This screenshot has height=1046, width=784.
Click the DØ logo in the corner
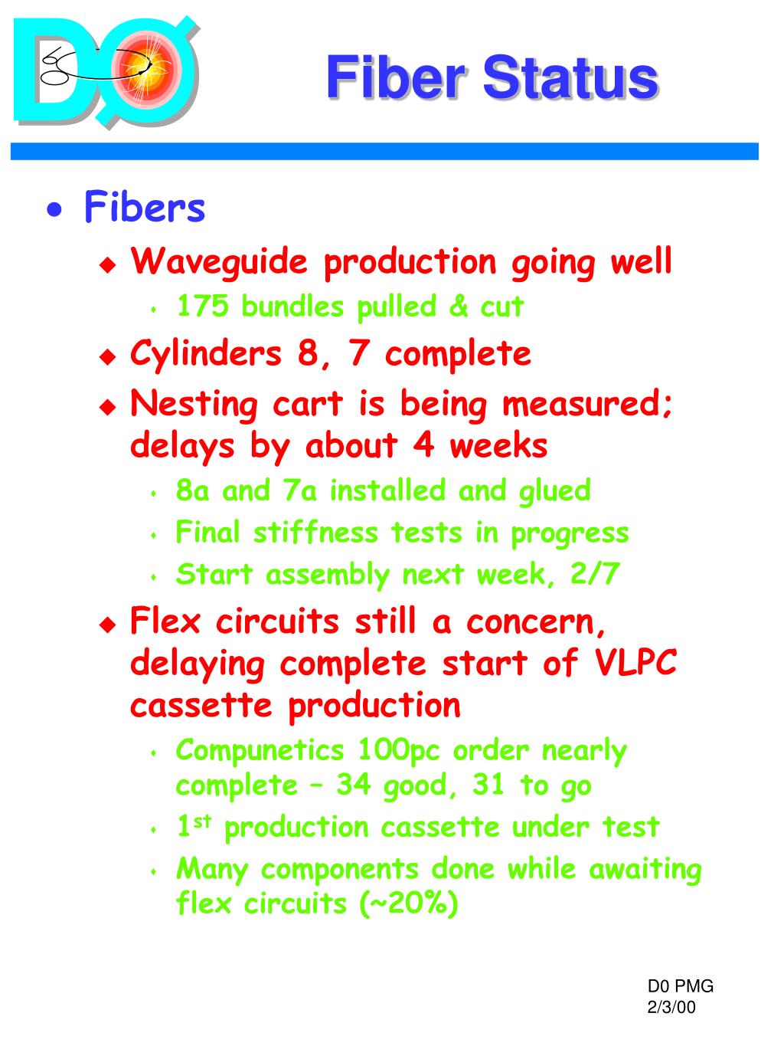106,73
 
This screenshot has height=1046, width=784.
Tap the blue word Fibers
145,208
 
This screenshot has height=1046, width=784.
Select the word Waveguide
219,262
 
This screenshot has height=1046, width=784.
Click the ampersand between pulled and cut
459,307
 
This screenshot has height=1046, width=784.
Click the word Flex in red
165,621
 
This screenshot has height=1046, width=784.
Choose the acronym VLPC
635,663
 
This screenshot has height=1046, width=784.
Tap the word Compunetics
260,750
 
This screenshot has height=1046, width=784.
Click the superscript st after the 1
201,822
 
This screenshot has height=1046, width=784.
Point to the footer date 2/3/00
671,1007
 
